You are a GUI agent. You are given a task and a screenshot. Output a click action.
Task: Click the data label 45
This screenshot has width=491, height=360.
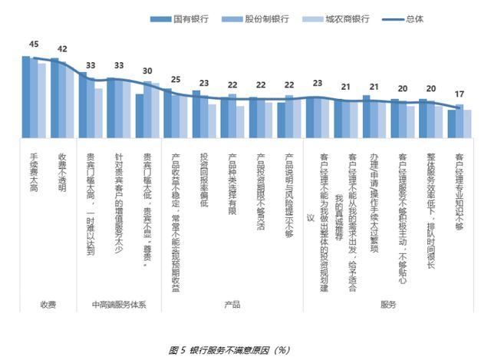[33, 44]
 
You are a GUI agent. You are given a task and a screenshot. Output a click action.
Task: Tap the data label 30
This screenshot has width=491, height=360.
[147, 70]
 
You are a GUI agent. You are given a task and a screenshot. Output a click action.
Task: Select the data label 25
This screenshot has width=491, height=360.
[176, 79]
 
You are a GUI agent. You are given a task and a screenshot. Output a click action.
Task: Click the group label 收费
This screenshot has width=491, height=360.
[48, 305]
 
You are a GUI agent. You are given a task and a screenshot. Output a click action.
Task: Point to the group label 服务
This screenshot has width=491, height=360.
[387, 305]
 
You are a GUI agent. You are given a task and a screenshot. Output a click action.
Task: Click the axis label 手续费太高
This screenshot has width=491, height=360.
[33, 173]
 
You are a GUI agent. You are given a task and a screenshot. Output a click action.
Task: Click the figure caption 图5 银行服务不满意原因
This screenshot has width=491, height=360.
[229, 350]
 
